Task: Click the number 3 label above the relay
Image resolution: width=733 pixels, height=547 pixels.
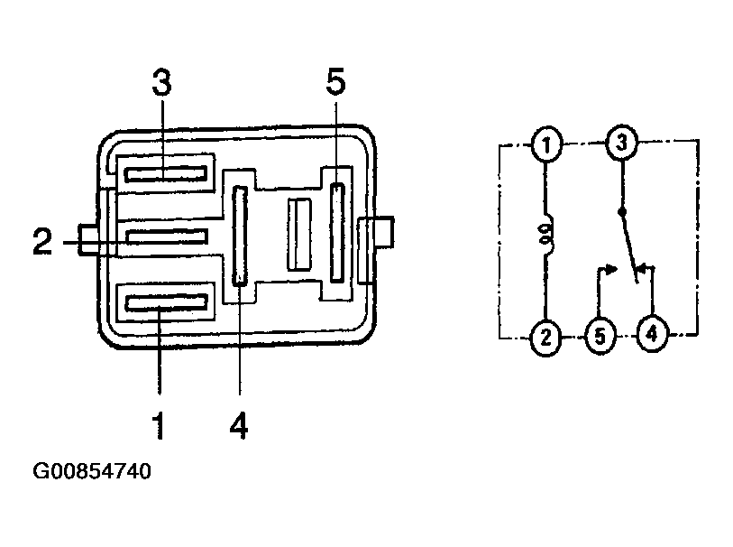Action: tap(162, 82)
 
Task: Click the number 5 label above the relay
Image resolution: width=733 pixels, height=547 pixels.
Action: tap(335, 82)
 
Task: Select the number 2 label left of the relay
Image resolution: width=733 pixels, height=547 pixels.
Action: tap(42, 241)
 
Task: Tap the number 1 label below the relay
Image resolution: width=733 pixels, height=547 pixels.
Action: tap(159, 425)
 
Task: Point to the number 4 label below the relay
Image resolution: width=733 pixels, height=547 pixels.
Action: tap(239, 425)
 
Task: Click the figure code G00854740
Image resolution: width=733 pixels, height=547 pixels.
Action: tap(92, 471)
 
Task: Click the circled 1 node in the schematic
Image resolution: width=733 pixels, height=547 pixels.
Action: tap(546, 144)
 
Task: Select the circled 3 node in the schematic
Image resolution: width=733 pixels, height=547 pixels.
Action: tap(621, 143)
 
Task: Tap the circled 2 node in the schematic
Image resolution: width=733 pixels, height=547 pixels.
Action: tap(545, 337)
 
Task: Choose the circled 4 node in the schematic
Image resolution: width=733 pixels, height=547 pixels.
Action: tap(652, 335)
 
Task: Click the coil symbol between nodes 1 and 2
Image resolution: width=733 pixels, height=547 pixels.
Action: tap(546, 235)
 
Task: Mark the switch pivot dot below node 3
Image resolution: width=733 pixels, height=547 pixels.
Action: tap(622, 212)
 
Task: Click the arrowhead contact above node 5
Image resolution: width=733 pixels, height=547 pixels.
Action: tap(611, 269)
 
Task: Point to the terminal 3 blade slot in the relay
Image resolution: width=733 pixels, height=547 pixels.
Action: tap(166, 174)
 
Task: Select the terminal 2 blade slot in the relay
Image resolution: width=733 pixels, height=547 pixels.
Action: tap(167, 236)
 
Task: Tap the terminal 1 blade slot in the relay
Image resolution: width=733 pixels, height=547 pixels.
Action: tap(166, 303)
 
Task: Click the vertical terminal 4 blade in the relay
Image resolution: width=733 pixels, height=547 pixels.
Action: tap(240, 236)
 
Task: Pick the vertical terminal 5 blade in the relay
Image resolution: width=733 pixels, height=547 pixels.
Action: tap(337, 233)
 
